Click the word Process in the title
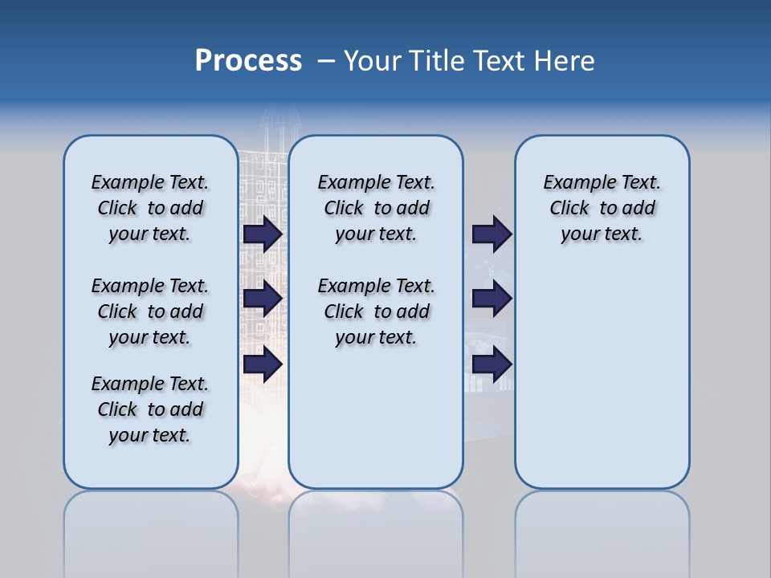click(x=248, y=61)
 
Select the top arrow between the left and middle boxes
click(x=263, y=234)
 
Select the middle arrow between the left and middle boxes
click(x=263, y=299)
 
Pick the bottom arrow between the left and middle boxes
click(x=263, y=364)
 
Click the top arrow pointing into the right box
click(x=492, y=234)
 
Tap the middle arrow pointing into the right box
click(x=492, y=299)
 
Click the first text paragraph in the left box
click(x=150, y=208)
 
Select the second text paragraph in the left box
click(x=150, y=311)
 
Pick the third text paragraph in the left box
click(x=150, y=409)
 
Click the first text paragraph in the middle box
click(x=377, y=208)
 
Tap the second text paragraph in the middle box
click(x=377, y=311)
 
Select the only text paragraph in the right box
click(x=602, y=208)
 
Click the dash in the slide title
click(x=326, y=61)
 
